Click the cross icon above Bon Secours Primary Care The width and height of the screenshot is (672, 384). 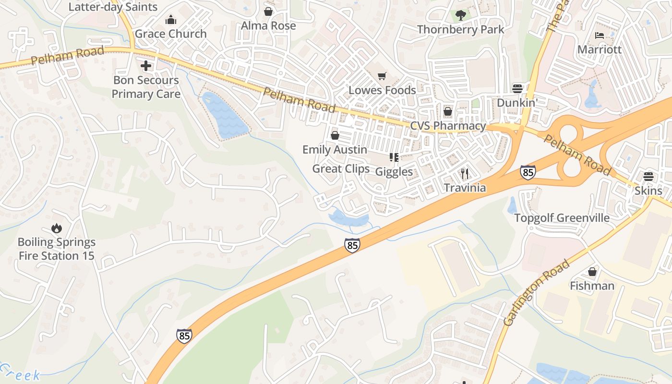click(x=146, y=66)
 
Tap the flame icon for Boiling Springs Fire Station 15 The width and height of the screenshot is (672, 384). click(x=57, y=228)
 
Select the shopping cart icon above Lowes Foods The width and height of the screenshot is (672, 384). click(x=382, y=76)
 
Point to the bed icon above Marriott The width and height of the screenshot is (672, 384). click(x=599, y=35)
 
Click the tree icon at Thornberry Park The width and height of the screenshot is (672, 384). click(x=461, y=15)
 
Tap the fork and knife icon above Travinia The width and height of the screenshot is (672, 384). click(x=464, y=173)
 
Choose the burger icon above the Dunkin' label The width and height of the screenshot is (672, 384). click(x=517, y=88)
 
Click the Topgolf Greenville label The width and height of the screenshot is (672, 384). click(x=562, y=218)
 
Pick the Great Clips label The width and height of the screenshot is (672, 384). click(x=341, y=169)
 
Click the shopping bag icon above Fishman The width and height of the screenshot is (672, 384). click(x=592, y=272)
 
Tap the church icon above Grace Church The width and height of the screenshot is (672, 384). click(x=170, y=20)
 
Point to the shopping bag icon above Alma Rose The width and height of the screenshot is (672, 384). click(x=268, y=11)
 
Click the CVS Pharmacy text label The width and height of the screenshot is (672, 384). click(x=448, y=126)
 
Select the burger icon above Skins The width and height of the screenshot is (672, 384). click(x=648, y=176)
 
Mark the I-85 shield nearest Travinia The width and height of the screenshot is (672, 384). click(x=528, y=172)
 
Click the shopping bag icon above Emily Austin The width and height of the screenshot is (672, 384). click(x=335, y=135)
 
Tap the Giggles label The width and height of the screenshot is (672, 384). click(x=394, y=172)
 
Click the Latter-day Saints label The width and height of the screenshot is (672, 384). click(x=113, y=7)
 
